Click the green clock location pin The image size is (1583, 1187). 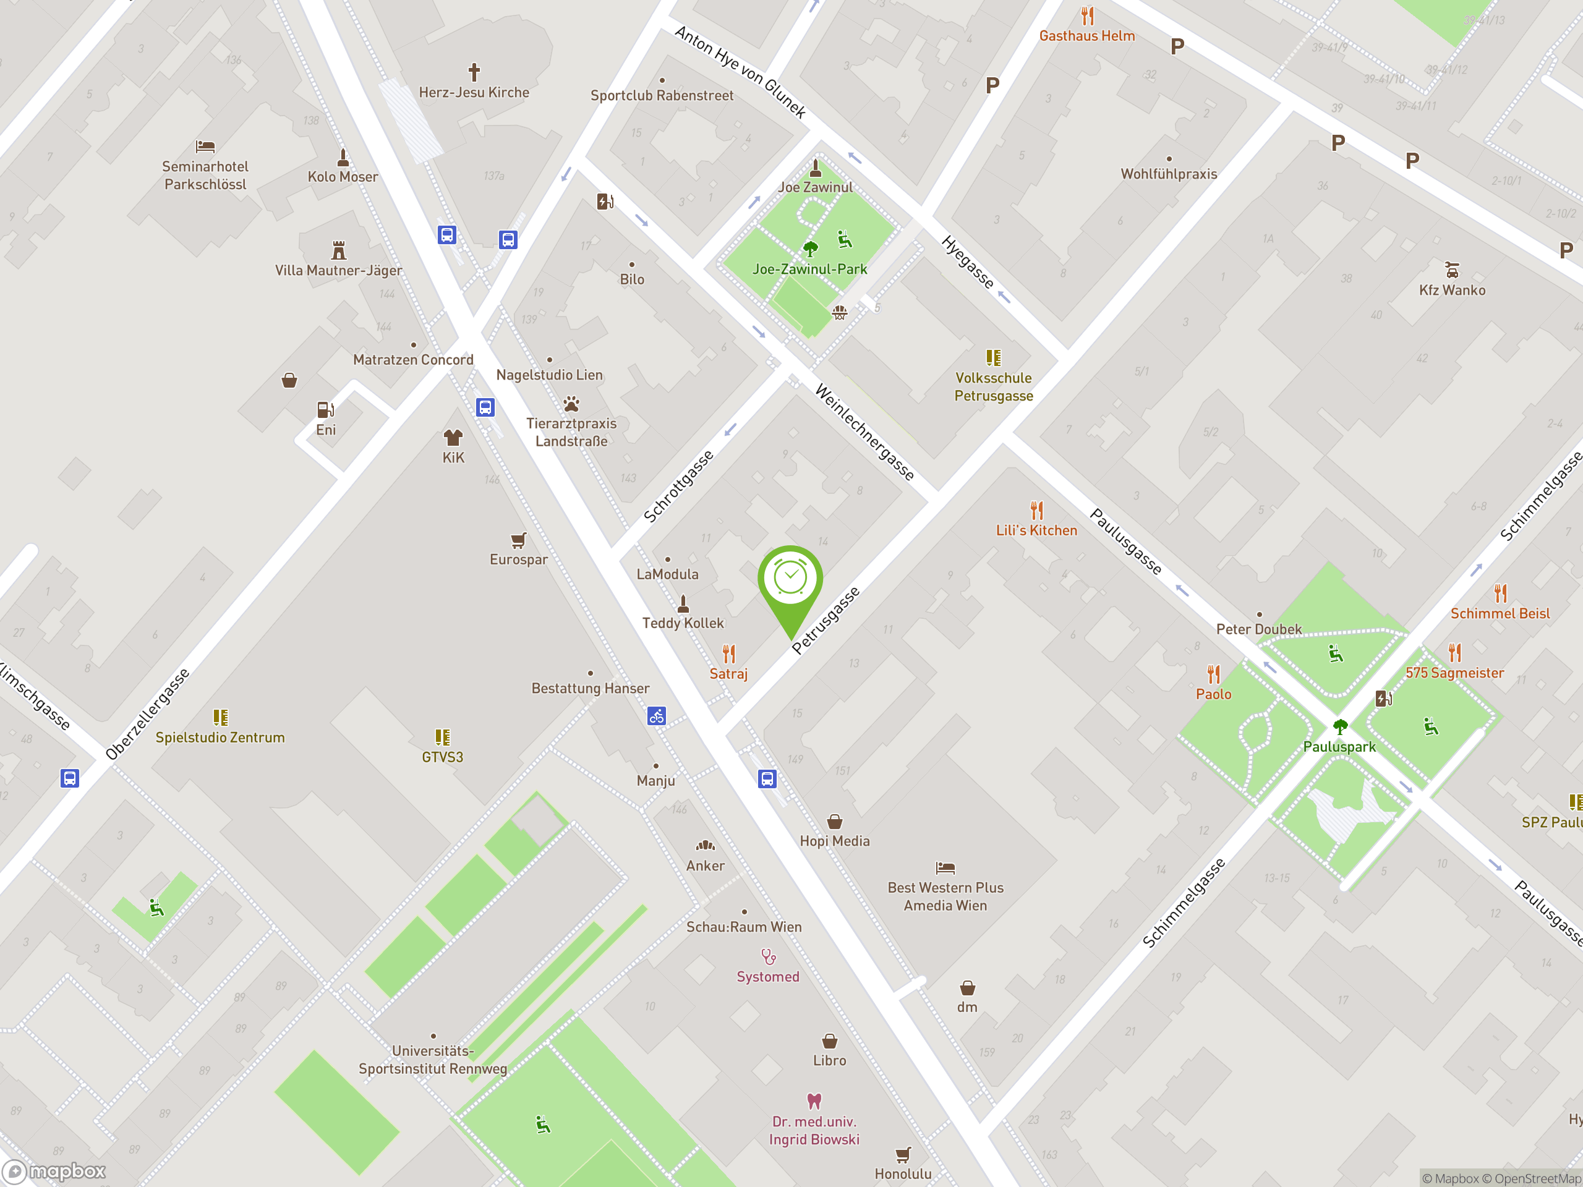click(x=790, y=579)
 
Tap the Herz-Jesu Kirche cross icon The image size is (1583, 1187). click(x=474, y=72)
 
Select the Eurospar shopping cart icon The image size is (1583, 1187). click(x=518, y=540)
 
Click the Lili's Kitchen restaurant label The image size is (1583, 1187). click(x=1036, y=530)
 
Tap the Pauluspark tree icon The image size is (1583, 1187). click(x=1340, y=727)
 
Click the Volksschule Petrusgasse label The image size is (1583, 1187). click(x=993, y=386)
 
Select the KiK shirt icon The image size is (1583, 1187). click(x=453, y=437)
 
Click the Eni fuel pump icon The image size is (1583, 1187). click(x=326, y=409)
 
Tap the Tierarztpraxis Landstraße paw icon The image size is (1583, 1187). click(x=571, y=404)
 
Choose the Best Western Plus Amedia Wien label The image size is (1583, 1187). click(x=945, y=896)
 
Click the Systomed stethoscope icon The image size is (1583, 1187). click(x=768, y=956)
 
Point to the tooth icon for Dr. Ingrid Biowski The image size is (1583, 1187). click(x=814, y=1100)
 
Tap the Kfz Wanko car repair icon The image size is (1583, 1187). click(x=1452, y=270)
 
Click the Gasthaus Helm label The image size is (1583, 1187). click(x=1086, y=36)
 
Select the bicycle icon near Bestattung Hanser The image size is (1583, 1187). click(x=657, y=715)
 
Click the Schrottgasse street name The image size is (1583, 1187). click(x=678, y=487)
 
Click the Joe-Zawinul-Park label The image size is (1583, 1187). click(x=809, y=269)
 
